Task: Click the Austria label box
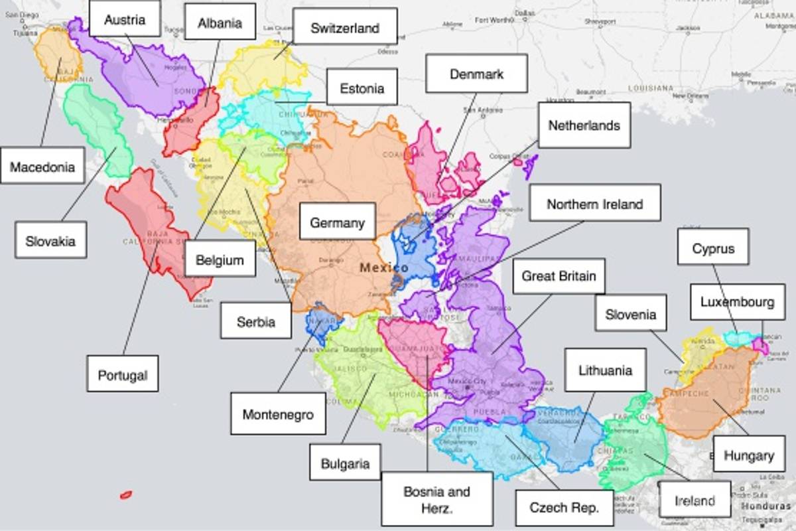tap(125, 19)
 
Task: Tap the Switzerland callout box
tap(345, 28)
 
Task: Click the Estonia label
tap(362, 88)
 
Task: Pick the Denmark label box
tap(476, 74)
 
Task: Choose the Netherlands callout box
tap(584, 125)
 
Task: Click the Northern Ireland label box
tap(594, 204)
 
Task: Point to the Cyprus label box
tap(713, 248)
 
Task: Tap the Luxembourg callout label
tap(737, 302)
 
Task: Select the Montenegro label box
tap(278, 414)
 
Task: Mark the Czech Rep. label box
tap(564, 508)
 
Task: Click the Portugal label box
tap(123, 374)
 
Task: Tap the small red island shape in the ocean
tap(125, 495)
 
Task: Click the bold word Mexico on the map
tap(384, 268)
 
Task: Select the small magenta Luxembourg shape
tap(763, 346)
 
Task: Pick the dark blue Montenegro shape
tap(322, 323)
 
